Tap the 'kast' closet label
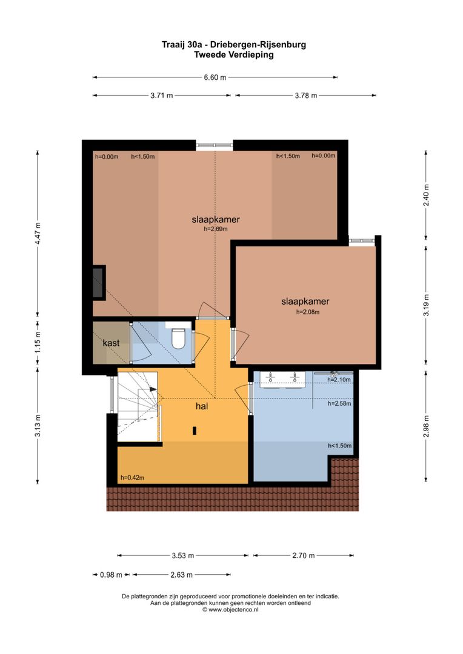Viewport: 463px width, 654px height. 111,343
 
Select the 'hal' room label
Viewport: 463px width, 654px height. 202,407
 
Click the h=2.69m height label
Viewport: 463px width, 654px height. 215,230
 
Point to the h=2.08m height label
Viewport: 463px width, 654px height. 307,312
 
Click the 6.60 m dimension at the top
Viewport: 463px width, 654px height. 215,78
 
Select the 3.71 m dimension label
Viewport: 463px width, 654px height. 161,96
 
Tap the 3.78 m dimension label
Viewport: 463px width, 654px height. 305,96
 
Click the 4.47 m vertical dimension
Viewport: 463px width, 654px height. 38,233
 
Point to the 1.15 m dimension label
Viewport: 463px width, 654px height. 38,342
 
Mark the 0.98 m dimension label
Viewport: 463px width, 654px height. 111,575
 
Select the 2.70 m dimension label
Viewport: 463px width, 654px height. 303,555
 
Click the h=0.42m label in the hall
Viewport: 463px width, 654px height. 132,477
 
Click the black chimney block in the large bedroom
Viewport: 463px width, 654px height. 98,282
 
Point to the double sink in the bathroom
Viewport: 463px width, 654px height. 282,379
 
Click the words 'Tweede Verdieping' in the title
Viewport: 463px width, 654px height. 233,54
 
